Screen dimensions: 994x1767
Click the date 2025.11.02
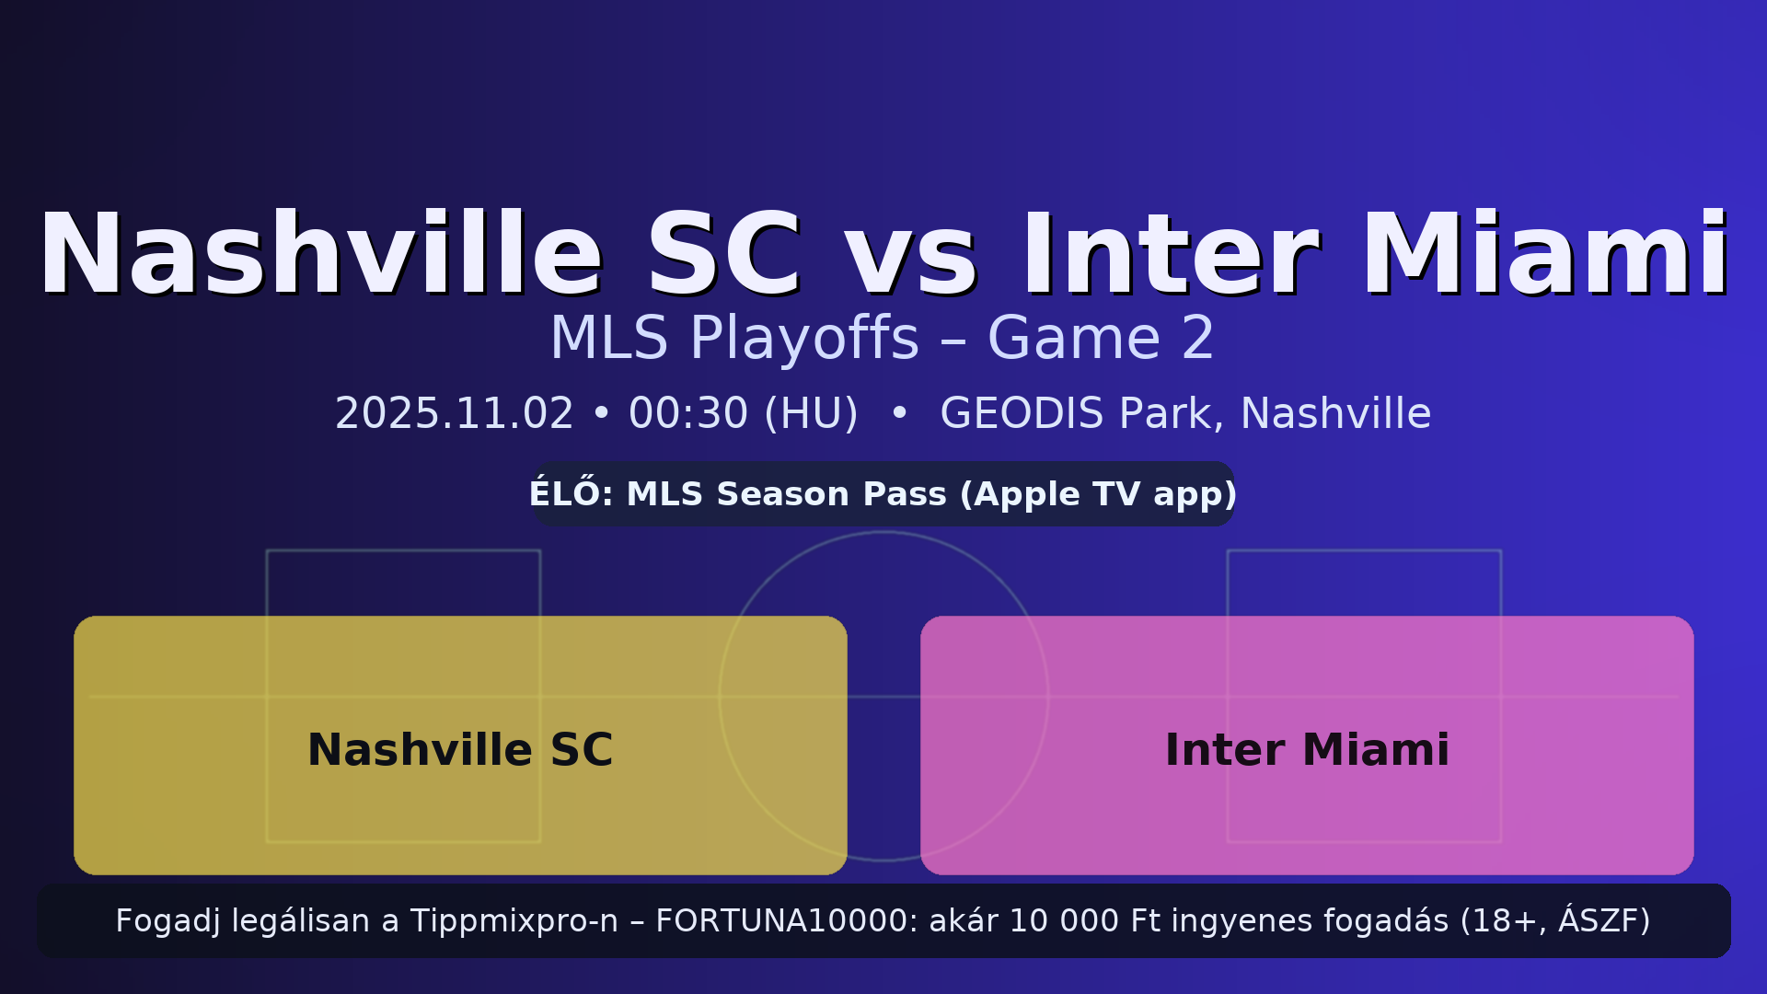click(454, 414)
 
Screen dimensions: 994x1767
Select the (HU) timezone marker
click(812, 414)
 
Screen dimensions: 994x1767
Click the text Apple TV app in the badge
click(1104, 494)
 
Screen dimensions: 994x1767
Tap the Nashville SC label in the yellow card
click(460, 750)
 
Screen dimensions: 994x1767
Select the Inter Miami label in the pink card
click(1307, 750)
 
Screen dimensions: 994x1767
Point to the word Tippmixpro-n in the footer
click(514, 921)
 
